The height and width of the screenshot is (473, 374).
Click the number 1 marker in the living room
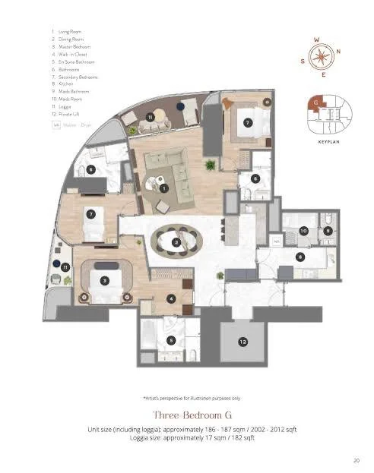pyautogui.click(x=163, y=188)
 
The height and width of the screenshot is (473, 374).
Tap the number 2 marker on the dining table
pyautogui.click(x=176, y=242)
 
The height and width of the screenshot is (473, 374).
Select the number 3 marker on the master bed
pyautogui.click(x=104, y=279)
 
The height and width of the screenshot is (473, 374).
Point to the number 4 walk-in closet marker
pyautogui.click(x=171, y=298)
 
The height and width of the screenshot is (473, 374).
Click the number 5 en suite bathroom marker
pyautogui.click(x=171, y=341)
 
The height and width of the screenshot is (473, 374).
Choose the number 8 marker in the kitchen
pyautogui.click(x=300, y=257)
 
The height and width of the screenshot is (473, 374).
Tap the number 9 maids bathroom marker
pyautogui.click(x=327, y=230)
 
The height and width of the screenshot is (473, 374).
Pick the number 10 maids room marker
pyautogui.click(x=303, y=230)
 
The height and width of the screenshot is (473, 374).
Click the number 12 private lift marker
pyautogui.click(x=242, y=342)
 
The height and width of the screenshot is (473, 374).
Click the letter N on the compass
pyautogui.click(x=338, y=52)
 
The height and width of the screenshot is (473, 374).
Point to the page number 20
pyautogui.click(x=357, y=459)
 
